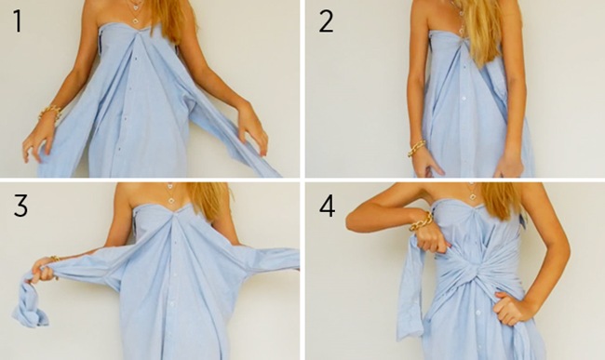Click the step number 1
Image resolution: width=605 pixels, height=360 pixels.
(19, 21)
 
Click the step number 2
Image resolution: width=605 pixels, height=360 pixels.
(325, 21)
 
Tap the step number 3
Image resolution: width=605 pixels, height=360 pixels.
(19, 205)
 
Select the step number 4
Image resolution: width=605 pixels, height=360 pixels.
(327, 206)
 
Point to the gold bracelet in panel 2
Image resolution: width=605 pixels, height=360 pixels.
(416, 147)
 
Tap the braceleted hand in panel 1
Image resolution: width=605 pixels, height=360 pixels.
(39, 135)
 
